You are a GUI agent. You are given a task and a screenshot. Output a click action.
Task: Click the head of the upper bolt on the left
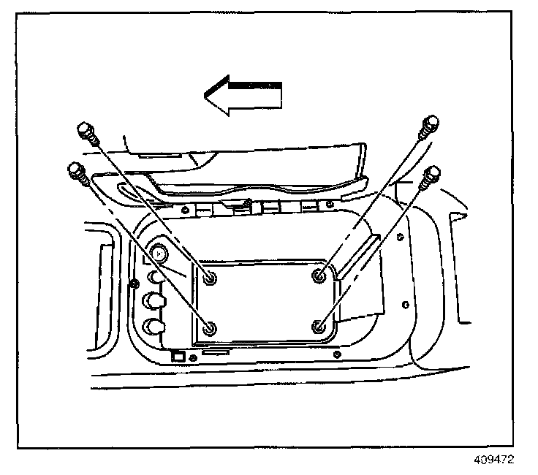coord(84,132)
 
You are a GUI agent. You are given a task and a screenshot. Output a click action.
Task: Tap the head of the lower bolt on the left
coord(75,170)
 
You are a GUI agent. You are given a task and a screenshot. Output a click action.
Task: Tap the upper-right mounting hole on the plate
coord(319,275)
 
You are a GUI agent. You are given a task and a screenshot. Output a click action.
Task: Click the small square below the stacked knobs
coord(176,357)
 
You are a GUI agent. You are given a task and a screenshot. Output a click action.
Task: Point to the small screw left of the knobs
coord(134,284)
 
